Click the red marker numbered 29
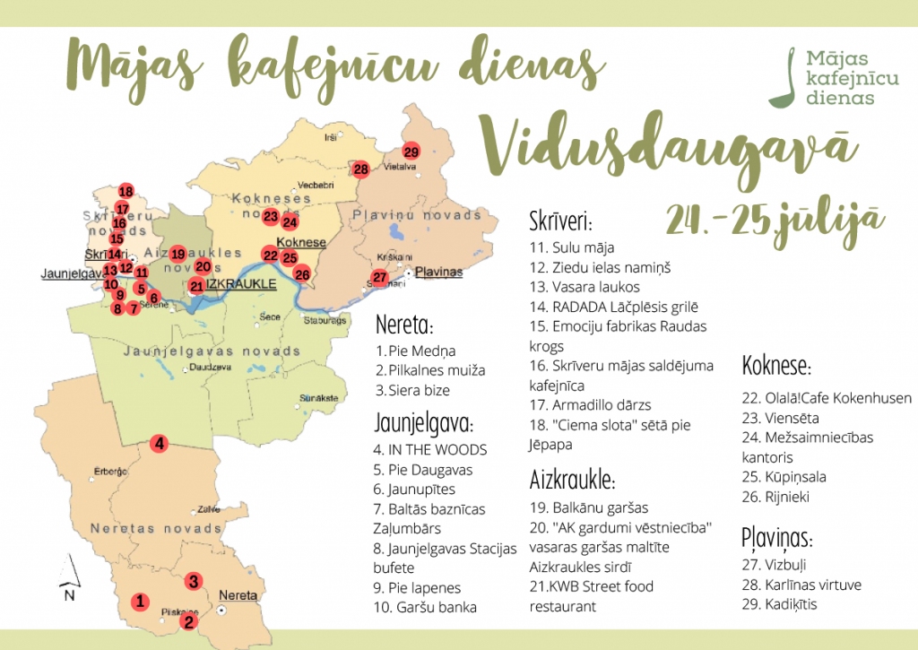[411, 151]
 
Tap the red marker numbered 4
[159, 443]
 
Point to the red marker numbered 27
[379, 277]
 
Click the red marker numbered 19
[178, 254]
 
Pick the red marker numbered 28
[360, 169]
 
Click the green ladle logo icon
[791, 75]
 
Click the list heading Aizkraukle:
[572, 479]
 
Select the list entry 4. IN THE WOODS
[431, 449]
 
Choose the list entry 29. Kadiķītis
[779, 604]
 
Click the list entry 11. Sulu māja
[572, 247]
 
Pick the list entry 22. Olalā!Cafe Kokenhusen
[827, 398]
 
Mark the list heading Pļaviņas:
[776, 539]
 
